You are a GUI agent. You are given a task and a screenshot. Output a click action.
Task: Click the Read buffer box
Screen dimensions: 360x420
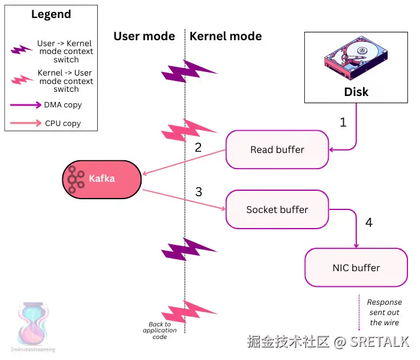pos(277,149)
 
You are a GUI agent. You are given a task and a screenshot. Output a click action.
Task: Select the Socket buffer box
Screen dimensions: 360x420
pos(277,209)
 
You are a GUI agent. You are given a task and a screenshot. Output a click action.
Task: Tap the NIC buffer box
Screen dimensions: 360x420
pos(356,268)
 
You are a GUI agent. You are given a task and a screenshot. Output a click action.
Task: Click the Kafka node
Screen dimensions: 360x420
pos(101,179)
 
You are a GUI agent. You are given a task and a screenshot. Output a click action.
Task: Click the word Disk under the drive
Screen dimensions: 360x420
pos(356,92)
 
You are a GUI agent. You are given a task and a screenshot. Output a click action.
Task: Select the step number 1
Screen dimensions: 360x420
pos(343,122)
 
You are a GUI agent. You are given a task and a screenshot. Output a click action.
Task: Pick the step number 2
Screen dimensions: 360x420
pos(198,147)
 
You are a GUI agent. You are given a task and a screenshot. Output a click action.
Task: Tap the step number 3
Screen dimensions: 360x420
pos(199,192)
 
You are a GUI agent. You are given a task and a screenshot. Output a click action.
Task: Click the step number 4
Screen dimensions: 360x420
pos(368,223)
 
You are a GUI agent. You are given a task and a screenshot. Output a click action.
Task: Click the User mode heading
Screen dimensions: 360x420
pos(144,36)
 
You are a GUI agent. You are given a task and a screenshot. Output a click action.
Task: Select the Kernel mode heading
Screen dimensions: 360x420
pos(226,36)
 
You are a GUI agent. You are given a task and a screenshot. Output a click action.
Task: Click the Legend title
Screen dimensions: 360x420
pos(51,14)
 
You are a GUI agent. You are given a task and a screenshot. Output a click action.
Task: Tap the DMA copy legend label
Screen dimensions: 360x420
pos(62,105)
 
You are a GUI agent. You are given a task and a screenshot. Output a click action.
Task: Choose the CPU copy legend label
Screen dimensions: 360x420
pos(62,124)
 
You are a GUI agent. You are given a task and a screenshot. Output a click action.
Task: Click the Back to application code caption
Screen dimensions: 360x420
pos(160,331)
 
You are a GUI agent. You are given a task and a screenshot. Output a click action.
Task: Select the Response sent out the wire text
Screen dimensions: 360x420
pos(384,312)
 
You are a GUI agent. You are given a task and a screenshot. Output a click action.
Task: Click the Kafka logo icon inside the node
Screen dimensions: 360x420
pos(76,179)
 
